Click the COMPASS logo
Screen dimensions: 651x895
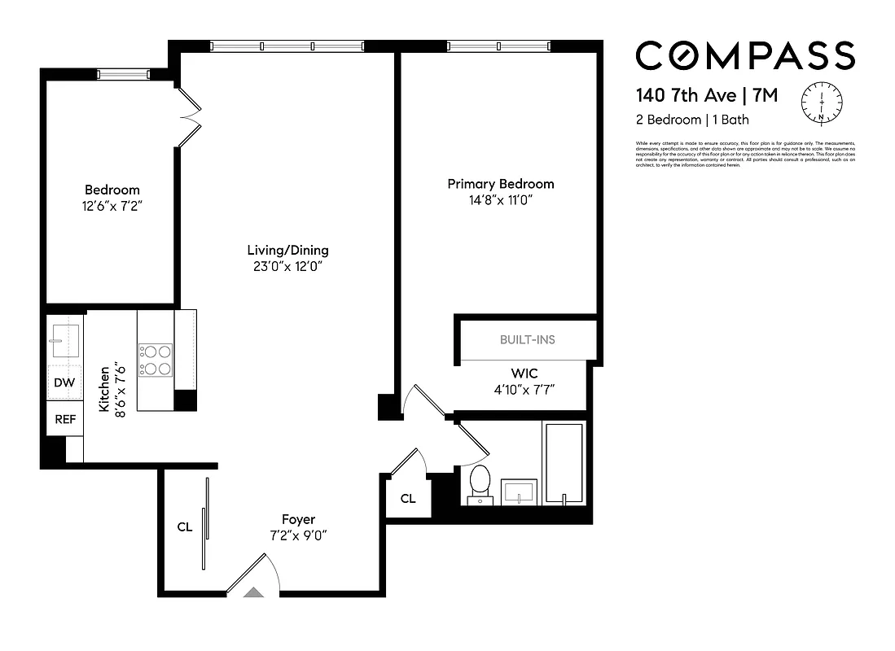(x=744, y=56)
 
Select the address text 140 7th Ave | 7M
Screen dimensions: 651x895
(x=706, y=96)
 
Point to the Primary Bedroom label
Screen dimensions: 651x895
(x=500, y=184)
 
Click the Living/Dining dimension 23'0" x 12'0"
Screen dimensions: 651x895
(x=288, y=266)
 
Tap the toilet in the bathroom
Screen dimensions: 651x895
(x=480, y=483)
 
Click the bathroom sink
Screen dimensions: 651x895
(x=518, y=492)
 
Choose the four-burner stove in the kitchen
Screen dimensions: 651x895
(x=155, y=360)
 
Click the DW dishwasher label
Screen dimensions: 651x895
(x=64, y=382)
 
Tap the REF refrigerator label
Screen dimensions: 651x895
(x=64, y=420)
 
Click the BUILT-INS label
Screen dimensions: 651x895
(x=527, y=339)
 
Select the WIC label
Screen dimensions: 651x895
(x=525, y=373)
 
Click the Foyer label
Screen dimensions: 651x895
(x=298, y=519)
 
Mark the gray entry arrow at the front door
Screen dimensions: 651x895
(x=254, y=593)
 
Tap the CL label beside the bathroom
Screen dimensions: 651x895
(x=408, y=499)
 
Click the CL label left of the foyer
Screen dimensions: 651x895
(x=185, y=526)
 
